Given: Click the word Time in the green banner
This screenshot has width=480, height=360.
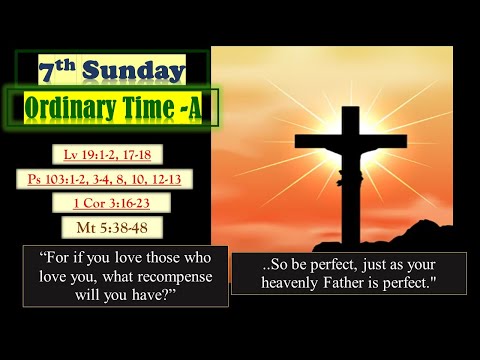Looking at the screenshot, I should point(163,108).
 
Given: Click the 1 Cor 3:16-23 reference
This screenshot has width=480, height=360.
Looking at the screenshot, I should point(112,203).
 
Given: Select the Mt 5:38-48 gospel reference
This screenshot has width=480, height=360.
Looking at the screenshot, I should point(112,227).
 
